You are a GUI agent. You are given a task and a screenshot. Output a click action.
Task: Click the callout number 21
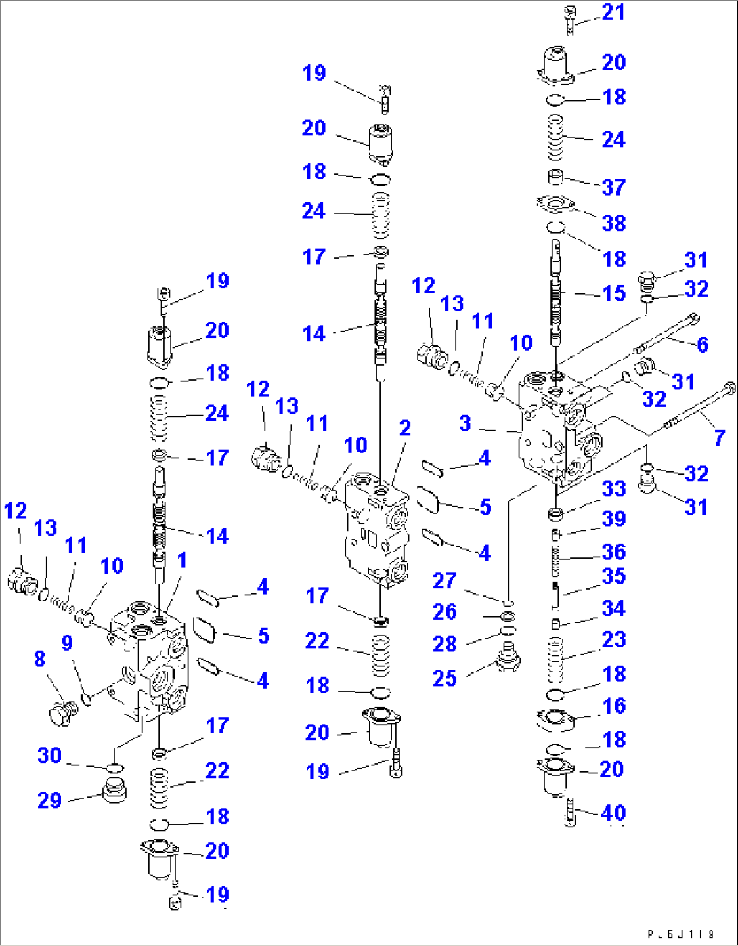(613, 12)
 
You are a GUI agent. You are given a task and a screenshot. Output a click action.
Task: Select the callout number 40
(613, 813)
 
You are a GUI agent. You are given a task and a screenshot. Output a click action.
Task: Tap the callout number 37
(613, 188)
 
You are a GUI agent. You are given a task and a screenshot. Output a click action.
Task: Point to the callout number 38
(613, 223)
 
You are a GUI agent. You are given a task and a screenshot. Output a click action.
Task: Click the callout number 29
(49, 800)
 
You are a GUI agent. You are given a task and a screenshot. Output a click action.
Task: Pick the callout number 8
(39, 658)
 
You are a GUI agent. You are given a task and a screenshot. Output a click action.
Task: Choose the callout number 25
(445, 678)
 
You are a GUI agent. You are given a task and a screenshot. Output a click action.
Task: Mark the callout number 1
(181, 561)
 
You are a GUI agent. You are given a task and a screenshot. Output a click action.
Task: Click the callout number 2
(405, 428)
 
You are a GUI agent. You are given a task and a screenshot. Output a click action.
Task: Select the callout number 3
(464, 424)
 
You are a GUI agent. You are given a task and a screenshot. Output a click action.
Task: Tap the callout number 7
(720, 437)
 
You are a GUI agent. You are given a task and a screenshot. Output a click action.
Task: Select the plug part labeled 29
(114, 790)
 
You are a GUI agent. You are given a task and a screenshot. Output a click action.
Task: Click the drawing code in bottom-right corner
(680, 934)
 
